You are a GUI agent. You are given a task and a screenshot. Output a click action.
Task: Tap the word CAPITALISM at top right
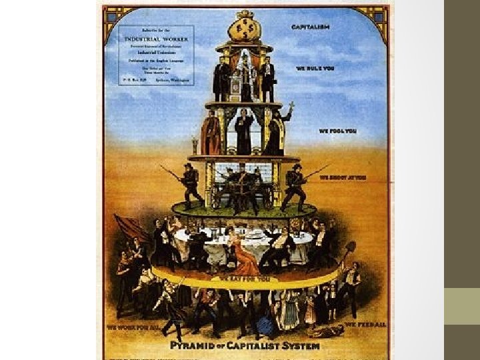click(311, 26)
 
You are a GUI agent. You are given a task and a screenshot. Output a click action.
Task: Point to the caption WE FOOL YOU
click(338, 131)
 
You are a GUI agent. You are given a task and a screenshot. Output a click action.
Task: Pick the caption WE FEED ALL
click(361, 325)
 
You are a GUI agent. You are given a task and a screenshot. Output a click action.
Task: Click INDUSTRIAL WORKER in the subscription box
click(157, 37)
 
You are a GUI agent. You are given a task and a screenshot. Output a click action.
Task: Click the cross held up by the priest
click(290, 107)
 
